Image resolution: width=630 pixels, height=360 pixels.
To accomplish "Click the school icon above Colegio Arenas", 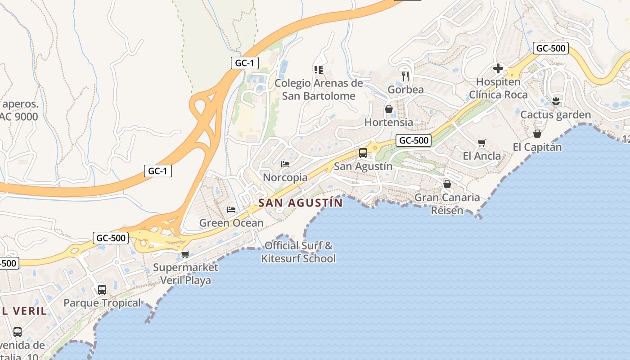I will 318,69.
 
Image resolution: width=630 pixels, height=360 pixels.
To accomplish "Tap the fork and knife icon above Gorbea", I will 405,76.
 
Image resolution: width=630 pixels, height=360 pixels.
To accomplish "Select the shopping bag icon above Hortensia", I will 389,109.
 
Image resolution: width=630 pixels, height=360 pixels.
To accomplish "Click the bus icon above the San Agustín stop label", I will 363,153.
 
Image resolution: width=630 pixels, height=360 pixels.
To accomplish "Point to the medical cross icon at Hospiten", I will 498,68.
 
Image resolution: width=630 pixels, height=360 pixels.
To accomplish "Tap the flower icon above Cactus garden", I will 556,101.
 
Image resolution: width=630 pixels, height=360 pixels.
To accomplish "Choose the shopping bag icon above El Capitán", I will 537,134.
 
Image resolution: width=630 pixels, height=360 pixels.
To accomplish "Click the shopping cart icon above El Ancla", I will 482,143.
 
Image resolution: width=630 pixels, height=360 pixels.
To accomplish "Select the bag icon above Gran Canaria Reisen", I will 447,184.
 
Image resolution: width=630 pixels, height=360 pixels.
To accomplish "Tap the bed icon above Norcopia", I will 285,164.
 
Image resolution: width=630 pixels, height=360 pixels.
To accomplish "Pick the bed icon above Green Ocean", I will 231,210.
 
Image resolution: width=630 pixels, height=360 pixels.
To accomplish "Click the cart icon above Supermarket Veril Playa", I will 185,254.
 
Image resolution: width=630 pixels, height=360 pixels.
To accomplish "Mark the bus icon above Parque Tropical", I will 102,289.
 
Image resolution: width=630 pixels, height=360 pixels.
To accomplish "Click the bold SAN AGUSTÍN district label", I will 301,203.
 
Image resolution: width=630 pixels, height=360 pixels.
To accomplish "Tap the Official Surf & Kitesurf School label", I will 299,252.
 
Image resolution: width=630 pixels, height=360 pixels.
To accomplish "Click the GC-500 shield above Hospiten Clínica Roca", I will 551,49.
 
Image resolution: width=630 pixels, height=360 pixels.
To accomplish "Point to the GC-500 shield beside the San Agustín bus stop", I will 414,140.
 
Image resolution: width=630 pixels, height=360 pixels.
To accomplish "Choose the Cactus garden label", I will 556,115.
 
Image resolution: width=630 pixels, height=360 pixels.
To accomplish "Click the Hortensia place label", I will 389,122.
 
